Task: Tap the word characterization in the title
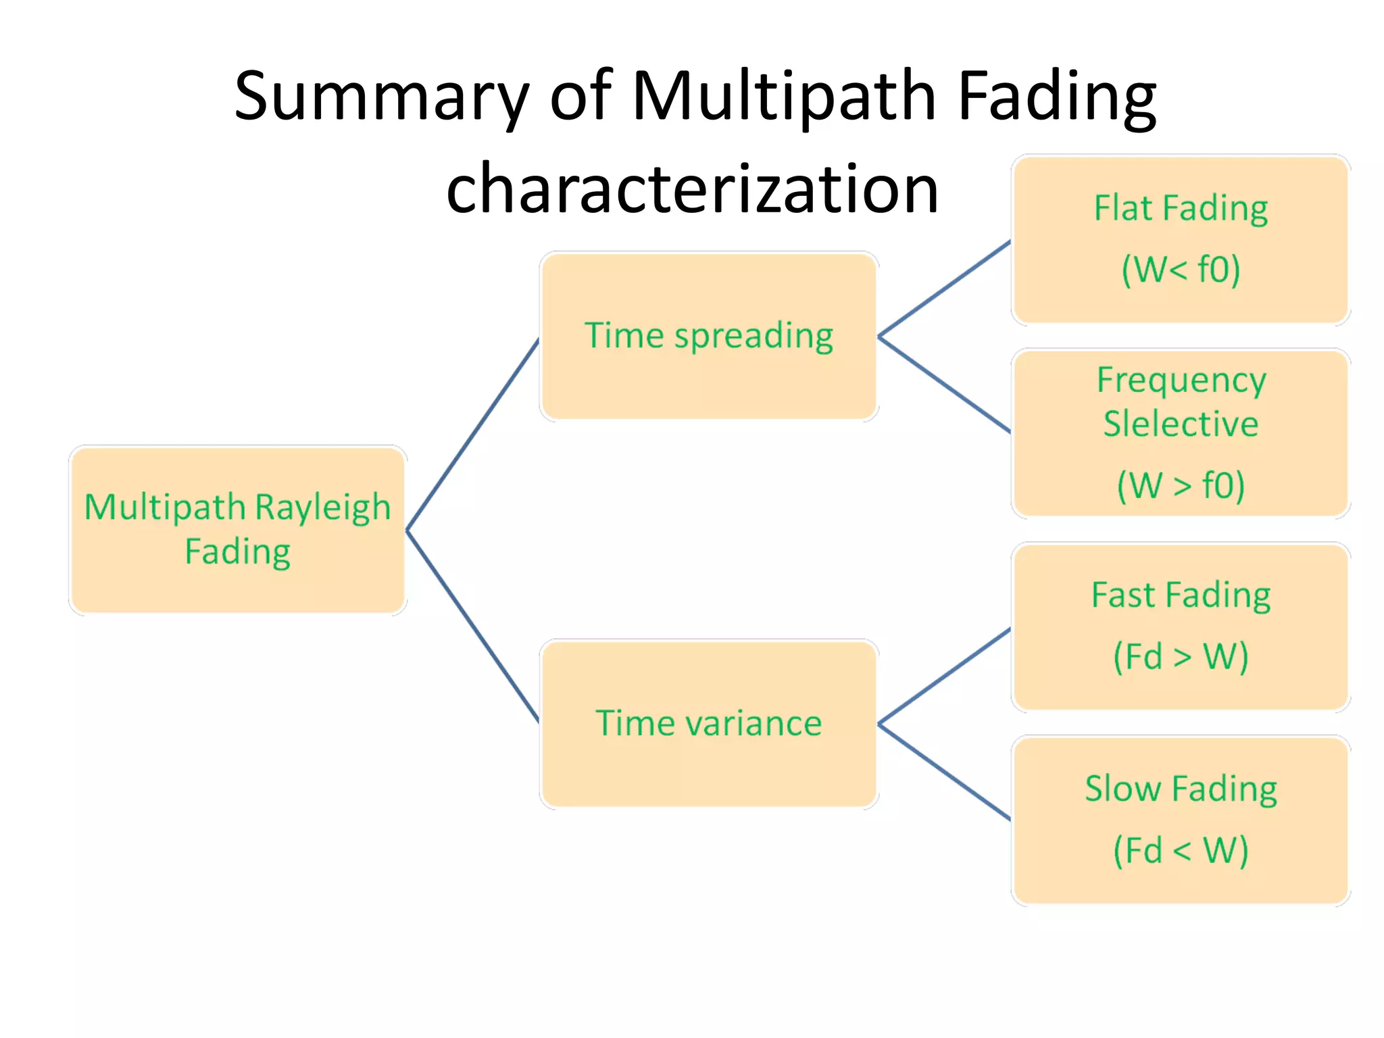(x=692, y=189)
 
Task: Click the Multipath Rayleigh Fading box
(x=237, y=530)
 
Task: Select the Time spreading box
(x=709, y=336)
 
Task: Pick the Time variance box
(x=709, y=723)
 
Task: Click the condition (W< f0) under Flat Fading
(x=1181, y=269)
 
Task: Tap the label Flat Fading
(x=1181, y=208)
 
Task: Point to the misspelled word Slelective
(x=1181, y=424)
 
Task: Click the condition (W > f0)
(x=1181, y=485)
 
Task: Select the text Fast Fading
(x=1181, y=595)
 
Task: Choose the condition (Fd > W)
(x=1181, y=656)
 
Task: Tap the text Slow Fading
(x=1181, y=789)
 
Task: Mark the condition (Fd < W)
(x=1181, y=849)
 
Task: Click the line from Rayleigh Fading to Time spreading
(x=472, y=435)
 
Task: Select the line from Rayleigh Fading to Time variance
(x=472, y=626)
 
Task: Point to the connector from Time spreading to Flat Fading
(x=944, y=289)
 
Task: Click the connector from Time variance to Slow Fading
(x=944, y=772)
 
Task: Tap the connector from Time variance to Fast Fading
(x=944, y=676)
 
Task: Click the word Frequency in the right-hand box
(x=1181, y=380)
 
